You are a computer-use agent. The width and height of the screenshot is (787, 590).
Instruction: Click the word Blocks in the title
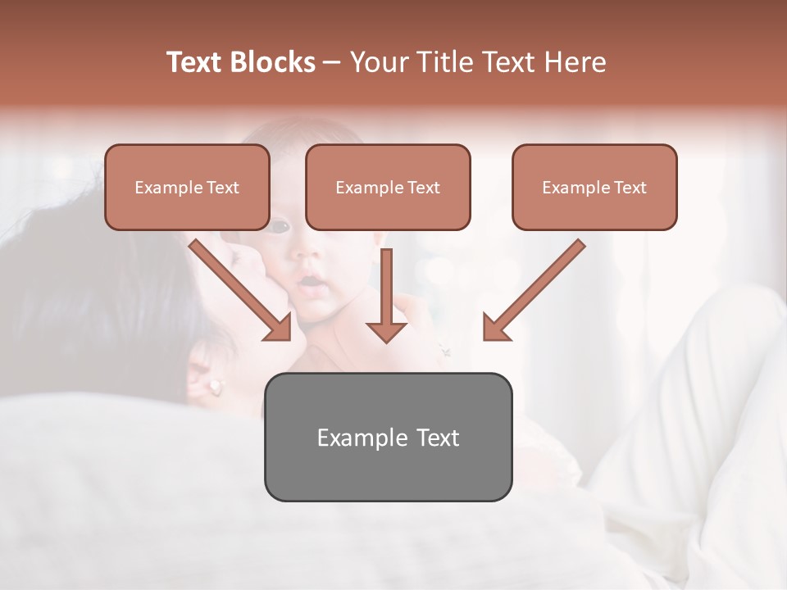(x=272, y=62)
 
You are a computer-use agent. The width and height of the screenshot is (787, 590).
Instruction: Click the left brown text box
(x=187, y=187)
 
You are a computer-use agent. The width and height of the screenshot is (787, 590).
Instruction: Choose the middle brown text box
(x=388, y=187)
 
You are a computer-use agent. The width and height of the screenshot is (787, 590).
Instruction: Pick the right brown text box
(x=594, y=187)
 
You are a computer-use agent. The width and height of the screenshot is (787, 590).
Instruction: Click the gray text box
(x=388, y=437)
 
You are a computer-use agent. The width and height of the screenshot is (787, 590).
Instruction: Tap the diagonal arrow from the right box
(x=533, y=291)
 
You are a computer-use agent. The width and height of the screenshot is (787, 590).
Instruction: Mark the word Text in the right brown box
(x=630, y=187)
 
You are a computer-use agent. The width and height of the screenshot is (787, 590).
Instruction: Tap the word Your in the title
(x=378, y=62)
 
